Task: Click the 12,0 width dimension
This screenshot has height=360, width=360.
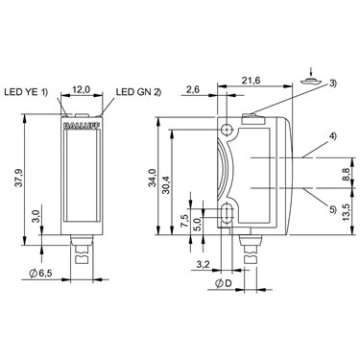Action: [82, 90]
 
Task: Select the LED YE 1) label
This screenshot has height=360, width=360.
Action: [26, 92]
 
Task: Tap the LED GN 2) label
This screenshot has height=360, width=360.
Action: [138, 92]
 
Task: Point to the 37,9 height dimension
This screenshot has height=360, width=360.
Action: [19, 178]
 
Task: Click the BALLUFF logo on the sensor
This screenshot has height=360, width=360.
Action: [82, 126]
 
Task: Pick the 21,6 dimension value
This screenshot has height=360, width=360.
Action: [251, 81]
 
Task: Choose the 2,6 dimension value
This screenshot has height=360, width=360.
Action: [193, 89]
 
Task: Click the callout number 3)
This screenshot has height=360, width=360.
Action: [332, 83]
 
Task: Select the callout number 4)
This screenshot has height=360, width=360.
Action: [332, 136]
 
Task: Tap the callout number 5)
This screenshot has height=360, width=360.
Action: [333, 209]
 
